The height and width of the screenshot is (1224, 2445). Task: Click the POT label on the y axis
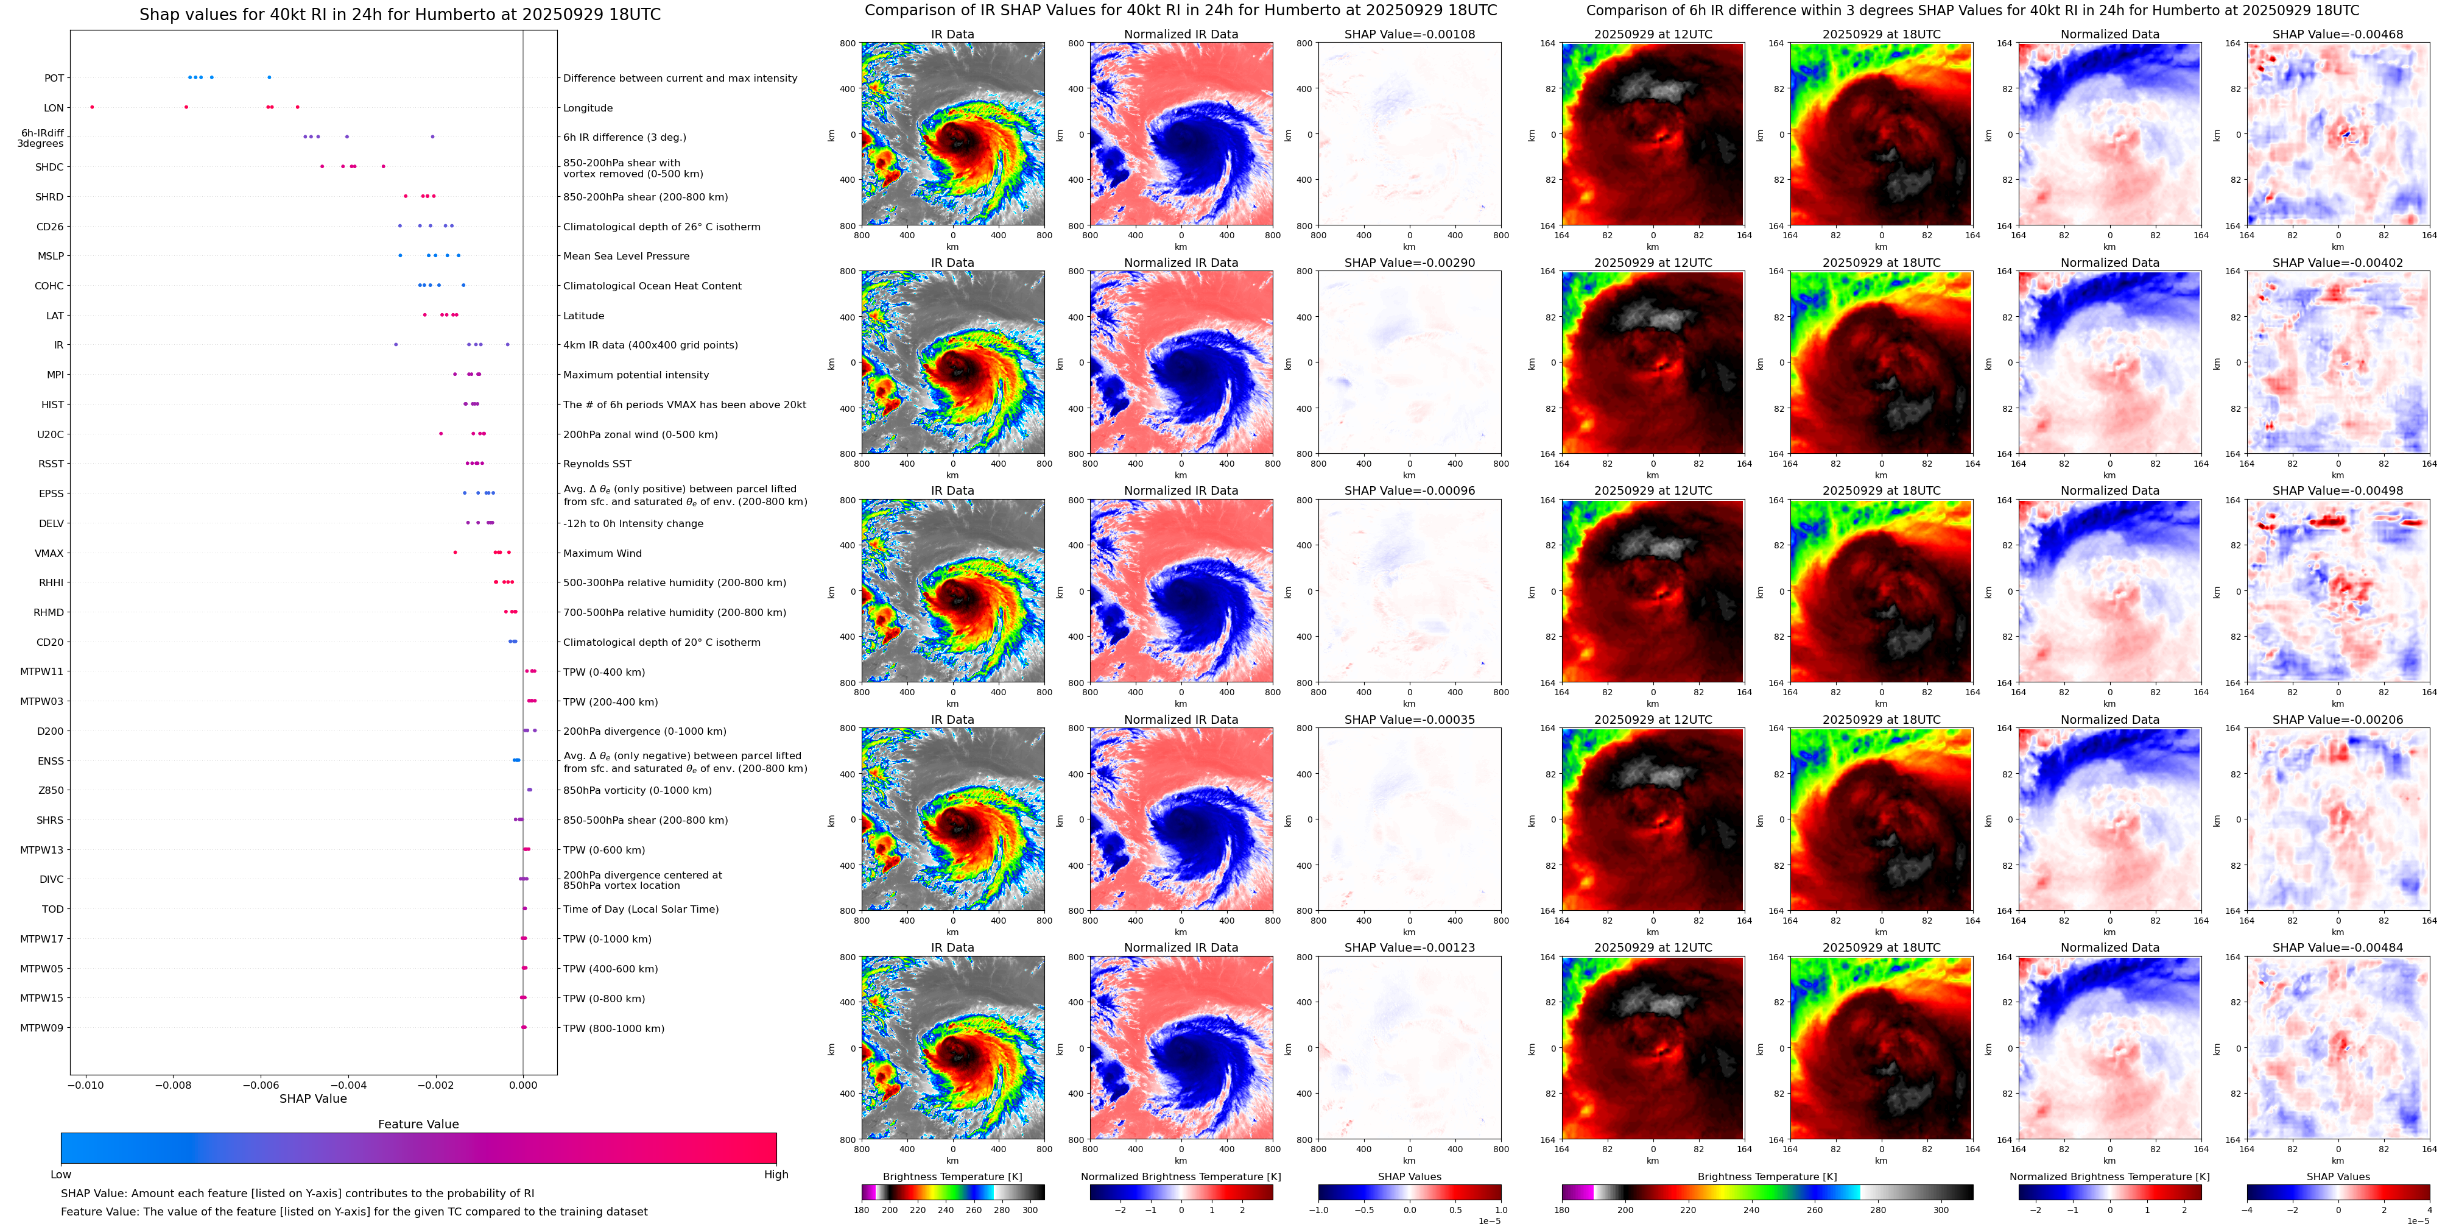pos(54,78)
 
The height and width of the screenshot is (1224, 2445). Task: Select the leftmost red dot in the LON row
pos(92,107)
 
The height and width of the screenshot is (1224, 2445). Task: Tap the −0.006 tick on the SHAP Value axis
pos(261,1084)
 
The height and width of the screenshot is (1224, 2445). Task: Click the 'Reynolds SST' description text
pos(597,464)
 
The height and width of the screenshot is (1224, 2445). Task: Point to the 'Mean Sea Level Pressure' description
pos(627,256)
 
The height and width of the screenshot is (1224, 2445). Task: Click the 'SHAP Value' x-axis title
pos(313,1098)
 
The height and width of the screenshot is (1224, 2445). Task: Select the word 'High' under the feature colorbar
pos(776,1175)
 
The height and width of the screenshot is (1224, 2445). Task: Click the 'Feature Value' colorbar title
pos(418,1124)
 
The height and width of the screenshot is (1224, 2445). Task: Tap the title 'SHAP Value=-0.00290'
pos(1410,263)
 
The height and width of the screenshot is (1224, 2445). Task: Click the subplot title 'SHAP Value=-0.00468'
pos(2338,34)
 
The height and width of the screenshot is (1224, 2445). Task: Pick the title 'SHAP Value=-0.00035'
pos(1410,720)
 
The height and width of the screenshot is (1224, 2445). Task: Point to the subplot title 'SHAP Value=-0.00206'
pos(2338,720)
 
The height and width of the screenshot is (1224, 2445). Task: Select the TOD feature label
pos(53,910)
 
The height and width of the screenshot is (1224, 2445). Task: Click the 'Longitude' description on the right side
pos(588,108)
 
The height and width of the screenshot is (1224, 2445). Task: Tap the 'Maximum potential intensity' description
pos(636,375)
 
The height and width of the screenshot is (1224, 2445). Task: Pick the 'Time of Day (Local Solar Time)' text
pos(641,910)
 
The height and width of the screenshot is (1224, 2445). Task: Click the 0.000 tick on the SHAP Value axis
pos(523,1084)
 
